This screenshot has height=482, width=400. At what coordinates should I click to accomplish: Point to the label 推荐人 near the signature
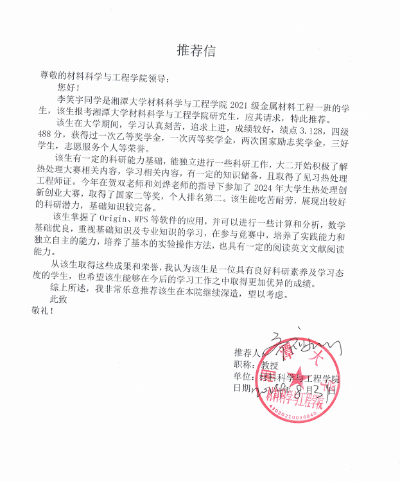point(247,353)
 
